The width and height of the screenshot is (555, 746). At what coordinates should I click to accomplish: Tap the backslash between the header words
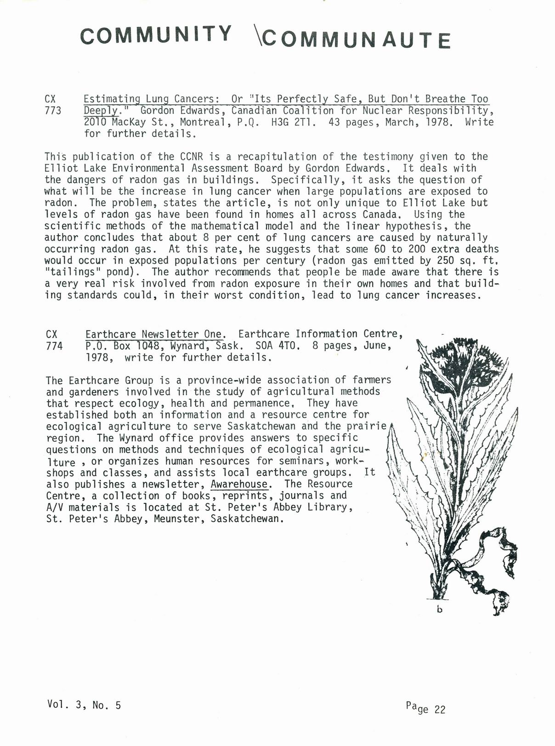(x=257, y=35)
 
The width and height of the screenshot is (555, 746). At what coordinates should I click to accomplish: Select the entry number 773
(x=53, y=111)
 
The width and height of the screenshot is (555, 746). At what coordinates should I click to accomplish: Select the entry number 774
(x=54, y=346)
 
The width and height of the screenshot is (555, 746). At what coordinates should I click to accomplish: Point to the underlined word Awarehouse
(x=239, y=484)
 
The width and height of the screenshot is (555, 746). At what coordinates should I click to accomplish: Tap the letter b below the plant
(x=439, y=610)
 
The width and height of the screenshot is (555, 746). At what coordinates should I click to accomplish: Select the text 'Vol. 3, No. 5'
(x=84, y=705)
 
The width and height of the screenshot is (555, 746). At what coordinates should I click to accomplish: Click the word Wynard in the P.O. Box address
(x=187, y=346)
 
